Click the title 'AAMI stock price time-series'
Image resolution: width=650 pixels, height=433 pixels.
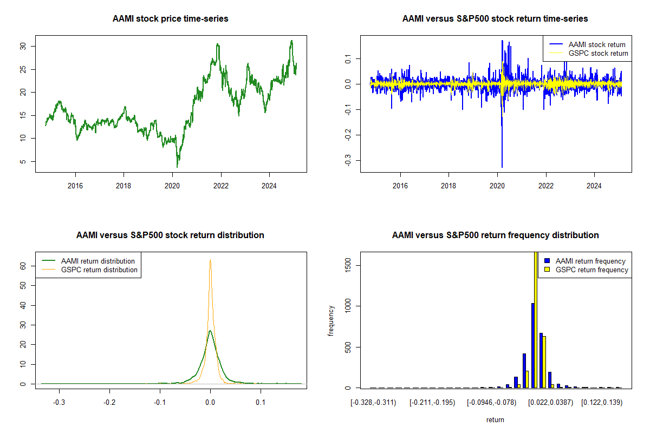coord(171,19)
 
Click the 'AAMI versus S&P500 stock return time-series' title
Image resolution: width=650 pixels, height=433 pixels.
coord(495,19)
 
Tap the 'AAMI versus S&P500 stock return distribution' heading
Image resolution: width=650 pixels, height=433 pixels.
coord(171,235)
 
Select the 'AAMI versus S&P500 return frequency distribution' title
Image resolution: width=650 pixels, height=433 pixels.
coord(495,235)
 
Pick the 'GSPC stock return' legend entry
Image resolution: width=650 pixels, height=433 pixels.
coord(598,53)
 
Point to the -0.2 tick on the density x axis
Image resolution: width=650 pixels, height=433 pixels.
coord(109,403)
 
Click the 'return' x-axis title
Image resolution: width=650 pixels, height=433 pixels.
coord(495,419)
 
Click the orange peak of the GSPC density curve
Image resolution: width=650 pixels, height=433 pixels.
coord(210,260)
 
